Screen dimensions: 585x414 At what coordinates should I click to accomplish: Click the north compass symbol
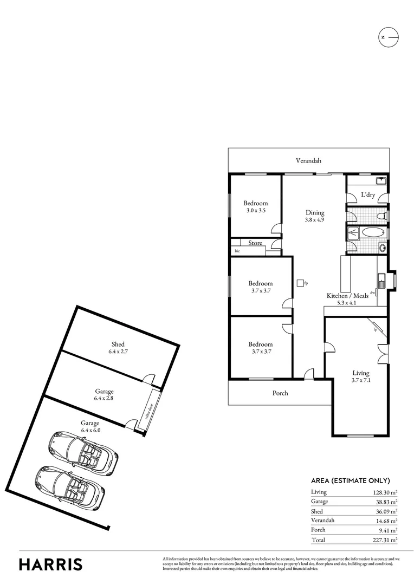387,37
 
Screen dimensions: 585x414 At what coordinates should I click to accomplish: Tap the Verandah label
308,161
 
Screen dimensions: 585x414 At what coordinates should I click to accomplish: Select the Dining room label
314,213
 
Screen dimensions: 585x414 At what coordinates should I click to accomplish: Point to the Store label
255,243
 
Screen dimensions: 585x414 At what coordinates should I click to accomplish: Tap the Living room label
360,373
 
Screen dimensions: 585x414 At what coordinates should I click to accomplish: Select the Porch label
280,393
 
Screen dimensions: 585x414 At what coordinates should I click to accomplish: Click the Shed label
118,344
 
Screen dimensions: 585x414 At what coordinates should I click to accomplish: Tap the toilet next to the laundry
383,216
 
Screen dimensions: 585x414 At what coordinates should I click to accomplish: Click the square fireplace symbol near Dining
300,283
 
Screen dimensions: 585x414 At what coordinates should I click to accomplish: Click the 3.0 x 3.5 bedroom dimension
255,210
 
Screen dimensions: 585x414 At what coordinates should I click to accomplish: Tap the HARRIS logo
51,564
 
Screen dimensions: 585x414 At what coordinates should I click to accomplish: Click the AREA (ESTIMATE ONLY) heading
350,480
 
